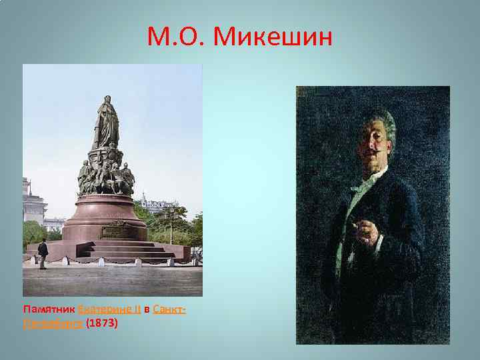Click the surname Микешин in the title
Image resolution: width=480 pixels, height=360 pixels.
(273, 39)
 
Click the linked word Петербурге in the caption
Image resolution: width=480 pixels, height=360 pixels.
(53, 323)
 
